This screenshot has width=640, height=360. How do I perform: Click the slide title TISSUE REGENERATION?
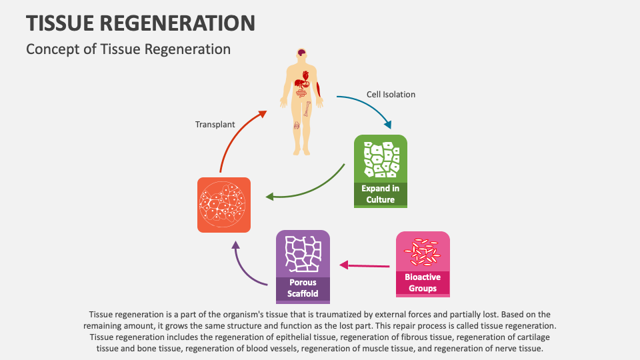click(x=141, y=23)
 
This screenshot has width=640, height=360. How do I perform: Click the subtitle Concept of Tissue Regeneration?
click(x=128, y=49)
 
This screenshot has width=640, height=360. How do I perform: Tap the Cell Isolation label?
click(x=391, y=95)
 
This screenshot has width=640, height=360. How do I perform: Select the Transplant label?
click(x=215, y=125)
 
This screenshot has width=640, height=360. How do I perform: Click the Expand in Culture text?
click(x=380, y=194)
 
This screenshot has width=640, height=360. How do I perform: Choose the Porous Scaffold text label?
click(x=303, y=288)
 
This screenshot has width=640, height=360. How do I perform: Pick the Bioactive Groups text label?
click(x=423, y=283)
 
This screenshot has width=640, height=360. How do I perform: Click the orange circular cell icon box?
click(x=224, y=205)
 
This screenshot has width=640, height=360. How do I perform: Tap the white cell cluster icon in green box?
click(x=380, y=160)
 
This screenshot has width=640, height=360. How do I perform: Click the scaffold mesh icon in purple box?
click(x=303, y=253)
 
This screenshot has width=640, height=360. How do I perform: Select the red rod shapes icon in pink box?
click(x=423, y=251)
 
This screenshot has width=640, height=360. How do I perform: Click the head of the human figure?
click(x=302, y=54)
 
